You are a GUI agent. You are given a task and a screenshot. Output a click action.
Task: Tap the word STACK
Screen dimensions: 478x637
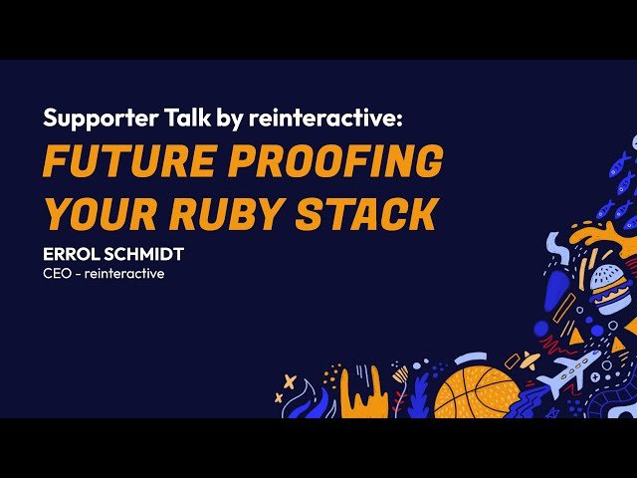tap(373, 213)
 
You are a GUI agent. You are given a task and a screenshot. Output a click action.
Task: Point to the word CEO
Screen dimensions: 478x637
tap(58, 274)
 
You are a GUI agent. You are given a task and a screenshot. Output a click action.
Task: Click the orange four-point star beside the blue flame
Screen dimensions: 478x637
tap(289, 381)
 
